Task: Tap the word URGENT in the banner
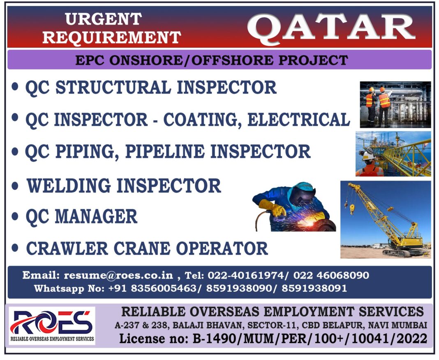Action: tap(103, 19)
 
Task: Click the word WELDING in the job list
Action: tap(69, 186)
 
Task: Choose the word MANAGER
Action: tap(96, 216)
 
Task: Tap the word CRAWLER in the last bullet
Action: tap(67, 249)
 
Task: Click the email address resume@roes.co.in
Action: tap(118, 275)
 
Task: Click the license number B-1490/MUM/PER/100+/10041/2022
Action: tap(310, 339)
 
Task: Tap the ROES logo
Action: tap(51, 325)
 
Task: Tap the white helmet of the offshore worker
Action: tap(368, 154)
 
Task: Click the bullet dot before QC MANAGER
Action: tap(15, 216)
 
